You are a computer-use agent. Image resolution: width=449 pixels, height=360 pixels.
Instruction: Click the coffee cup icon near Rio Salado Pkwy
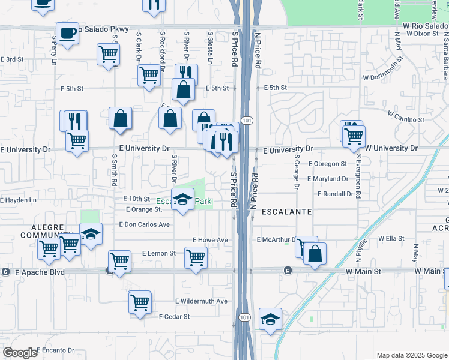click(67, 34)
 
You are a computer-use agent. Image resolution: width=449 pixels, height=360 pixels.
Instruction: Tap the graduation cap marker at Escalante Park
click(182, 200)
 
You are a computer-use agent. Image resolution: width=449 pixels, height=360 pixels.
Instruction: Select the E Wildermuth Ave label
click(201, 301)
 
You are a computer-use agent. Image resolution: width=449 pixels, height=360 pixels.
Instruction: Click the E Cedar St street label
click(174, 316)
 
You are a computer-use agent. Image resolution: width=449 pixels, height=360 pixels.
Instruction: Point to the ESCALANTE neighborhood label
click(286, 212)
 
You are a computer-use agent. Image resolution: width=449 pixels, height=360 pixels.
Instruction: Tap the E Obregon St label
click(327, 164)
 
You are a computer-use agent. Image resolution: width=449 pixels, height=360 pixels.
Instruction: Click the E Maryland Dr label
click(328, 179)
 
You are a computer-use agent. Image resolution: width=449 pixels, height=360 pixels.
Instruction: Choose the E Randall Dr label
click(330, 194)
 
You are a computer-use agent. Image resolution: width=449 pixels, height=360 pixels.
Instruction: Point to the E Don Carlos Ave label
click(145, 224)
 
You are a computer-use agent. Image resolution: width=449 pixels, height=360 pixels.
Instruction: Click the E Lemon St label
click(159, 254)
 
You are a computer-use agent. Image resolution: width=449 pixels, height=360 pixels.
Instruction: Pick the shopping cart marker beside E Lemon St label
click(196, 259)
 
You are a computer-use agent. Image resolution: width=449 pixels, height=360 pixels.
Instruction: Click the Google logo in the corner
click(20, 353)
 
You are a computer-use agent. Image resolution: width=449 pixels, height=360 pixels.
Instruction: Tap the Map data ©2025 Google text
click(412, 355)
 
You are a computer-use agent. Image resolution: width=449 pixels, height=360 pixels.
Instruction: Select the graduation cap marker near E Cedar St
click(271, 319)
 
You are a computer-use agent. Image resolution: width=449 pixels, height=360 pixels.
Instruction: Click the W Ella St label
click(391, 238)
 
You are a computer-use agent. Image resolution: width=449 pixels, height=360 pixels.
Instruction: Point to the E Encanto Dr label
click(55, 350)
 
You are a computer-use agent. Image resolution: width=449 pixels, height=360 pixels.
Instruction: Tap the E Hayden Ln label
click(18, 200)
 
